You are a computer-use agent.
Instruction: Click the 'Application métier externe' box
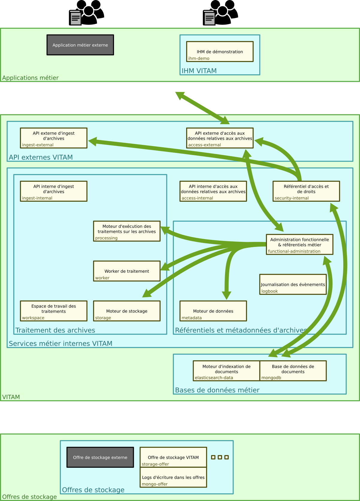[80, 45]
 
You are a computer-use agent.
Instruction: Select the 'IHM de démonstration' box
[220, 51]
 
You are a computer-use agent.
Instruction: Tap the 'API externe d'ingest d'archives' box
[54, 138]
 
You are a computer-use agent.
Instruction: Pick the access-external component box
[220, 138]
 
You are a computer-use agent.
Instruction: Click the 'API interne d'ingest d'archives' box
[54, 191]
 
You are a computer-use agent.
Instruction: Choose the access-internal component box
[213, 191]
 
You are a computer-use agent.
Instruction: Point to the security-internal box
[306, 191]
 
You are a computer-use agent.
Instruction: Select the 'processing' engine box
[127, 231]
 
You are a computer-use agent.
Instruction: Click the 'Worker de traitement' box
[127, 271]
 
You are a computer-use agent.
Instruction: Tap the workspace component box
[54, 311]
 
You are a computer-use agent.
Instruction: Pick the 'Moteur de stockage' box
[127, 311]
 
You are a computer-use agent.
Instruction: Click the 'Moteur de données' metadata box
[213, 311]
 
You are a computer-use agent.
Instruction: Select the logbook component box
[293, 284]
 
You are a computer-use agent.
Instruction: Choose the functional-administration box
[300, 245]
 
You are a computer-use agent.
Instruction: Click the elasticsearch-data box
[227, 371]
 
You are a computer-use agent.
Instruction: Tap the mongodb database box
[293, 371]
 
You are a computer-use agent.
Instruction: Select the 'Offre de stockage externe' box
[100, 457]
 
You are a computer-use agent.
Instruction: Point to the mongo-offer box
[173, 477]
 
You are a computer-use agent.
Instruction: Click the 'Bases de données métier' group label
[217, 390]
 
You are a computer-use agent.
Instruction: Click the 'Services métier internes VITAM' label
[60, 343]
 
